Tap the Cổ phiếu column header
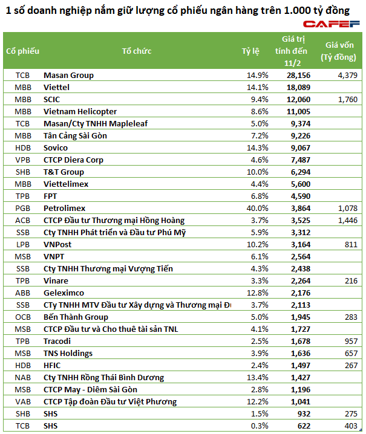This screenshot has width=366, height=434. click(x=22, y=51)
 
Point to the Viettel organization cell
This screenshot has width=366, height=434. click(x=57, y=88)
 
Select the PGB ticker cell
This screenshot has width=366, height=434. click(x=23, y=209)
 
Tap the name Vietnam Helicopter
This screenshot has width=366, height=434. click(x=80, y=112)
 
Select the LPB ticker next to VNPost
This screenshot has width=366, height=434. click(x=23, y=245)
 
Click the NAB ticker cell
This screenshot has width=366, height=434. click(x=23, y=378)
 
